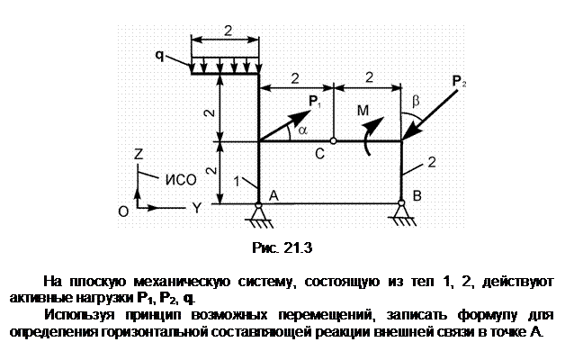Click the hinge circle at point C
(333, 141)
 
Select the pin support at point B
(401, 213)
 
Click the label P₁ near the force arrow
(315, 102)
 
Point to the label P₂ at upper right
(459, 81)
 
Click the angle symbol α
(303, 130)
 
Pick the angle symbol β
(416, 101)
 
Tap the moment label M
(363, 111)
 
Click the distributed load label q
(159, 56)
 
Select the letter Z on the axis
(139, 154)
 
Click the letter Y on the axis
(196, 208)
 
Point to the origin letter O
(123, 211)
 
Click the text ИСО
(181, 179)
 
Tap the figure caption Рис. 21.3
(282, 247)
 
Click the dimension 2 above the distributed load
(228, 31)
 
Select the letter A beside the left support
(274, 195)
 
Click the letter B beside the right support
(417, 195)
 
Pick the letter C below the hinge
(319, 154)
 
